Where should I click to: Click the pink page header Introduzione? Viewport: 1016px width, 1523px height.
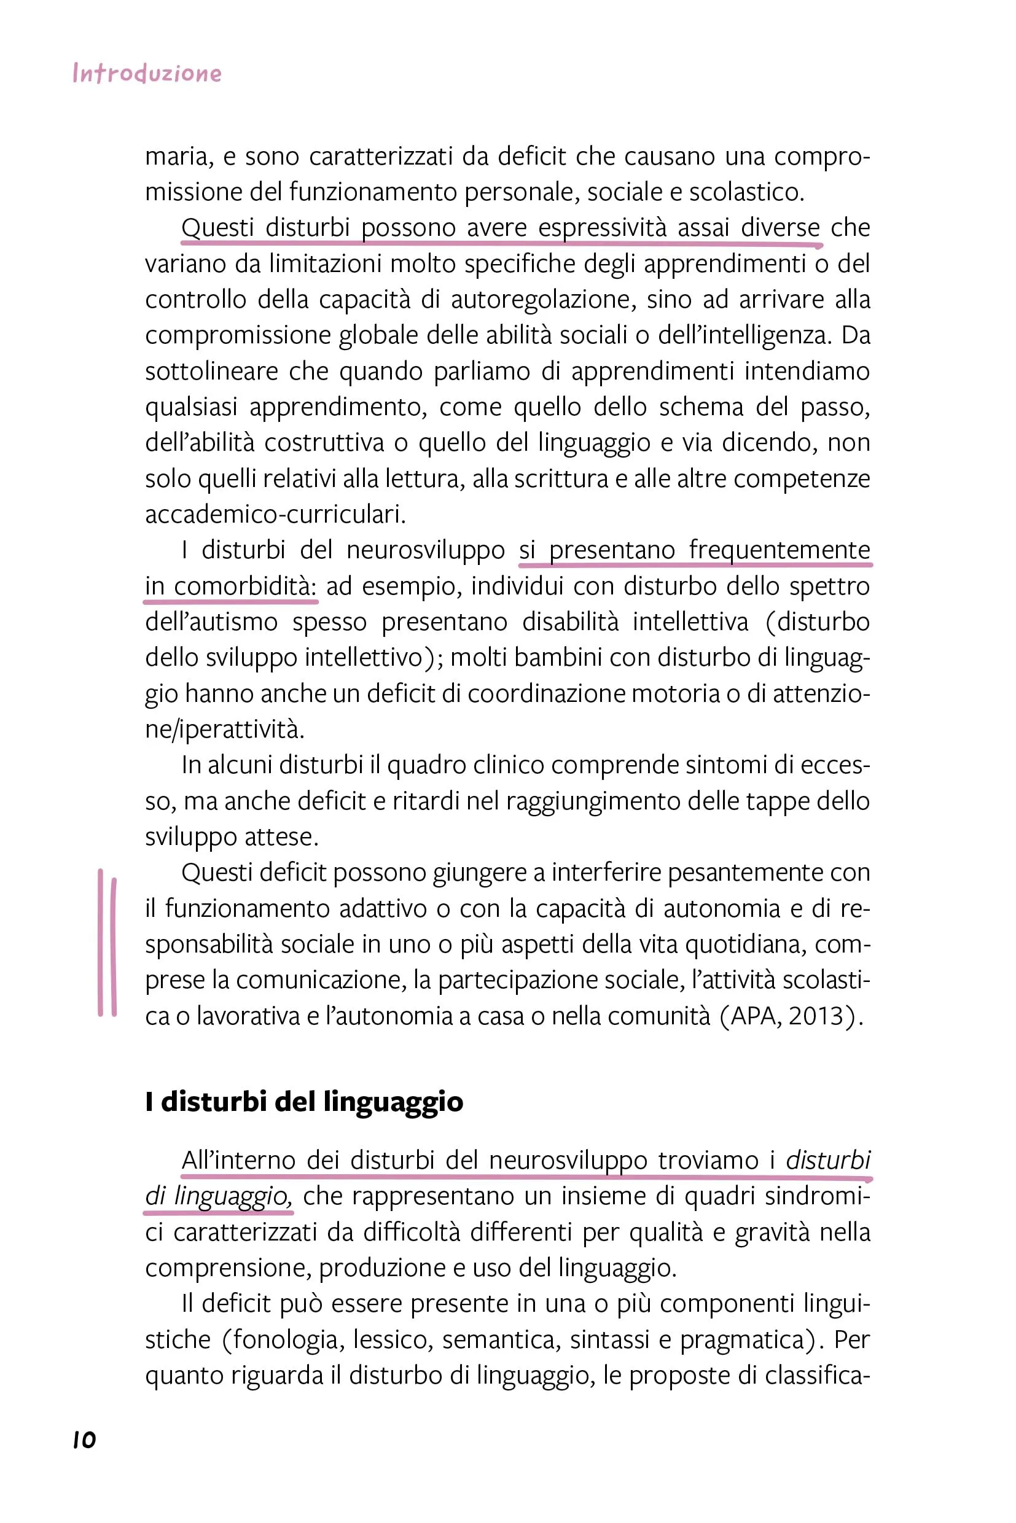coord(147,73)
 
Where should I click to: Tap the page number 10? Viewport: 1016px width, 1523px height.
coord(84,1439)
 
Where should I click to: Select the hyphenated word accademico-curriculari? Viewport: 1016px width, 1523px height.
coord(275,515)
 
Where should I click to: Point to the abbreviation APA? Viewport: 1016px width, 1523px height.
coord(753,1015)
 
